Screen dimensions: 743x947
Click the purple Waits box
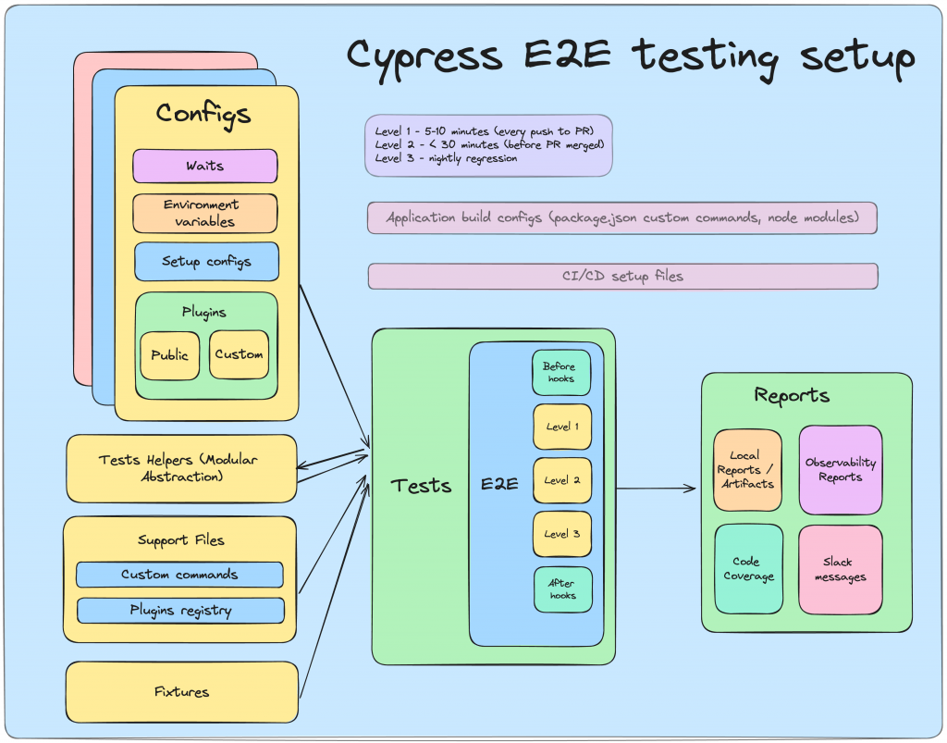pos(205,167)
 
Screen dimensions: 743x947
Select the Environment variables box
pos(205,213)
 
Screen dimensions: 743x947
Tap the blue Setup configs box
pos(206,262)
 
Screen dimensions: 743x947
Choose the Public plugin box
pos(170,355)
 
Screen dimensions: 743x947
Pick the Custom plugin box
pos(239,354)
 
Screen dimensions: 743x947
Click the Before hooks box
pos(560,372)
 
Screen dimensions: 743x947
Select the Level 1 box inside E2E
pos(562,427)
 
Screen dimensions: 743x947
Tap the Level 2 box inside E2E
pos(562,480)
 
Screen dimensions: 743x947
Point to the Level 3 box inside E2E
pos(562,534)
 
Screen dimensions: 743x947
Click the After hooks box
pos(561,589)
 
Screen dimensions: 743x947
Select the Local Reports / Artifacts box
pos(747,470)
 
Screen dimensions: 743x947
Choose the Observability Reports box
pos(840,470)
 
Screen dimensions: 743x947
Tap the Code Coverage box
pos(748,569)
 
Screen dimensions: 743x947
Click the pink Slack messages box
pos(840,569)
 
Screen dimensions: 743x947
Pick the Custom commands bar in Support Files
pos(179,575)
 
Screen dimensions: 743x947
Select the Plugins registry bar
pos(180,611)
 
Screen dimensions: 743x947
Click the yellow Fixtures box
pos(182,692)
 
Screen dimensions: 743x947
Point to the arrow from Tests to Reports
pos(657,489)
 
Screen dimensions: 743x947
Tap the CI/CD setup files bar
pos(622,276)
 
